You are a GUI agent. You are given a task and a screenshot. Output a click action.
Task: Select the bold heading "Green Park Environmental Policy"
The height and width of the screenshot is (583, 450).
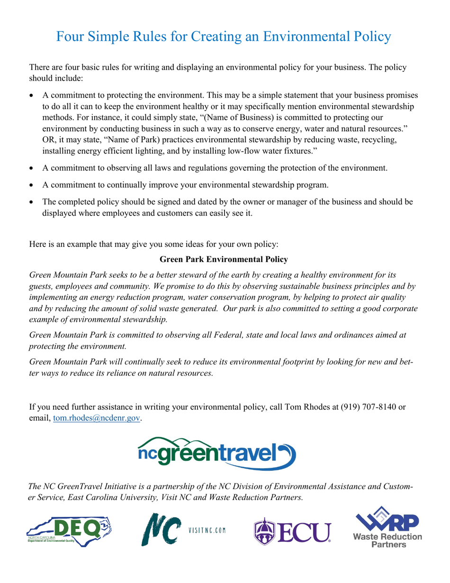click(x=224, y=259)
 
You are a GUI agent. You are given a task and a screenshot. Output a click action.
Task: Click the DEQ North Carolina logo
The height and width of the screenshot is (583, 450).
click(x=69, y=530)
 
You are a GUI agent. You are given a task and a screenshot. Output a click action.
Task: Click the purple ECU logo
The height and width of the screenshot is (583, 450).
click(x=292, y=530)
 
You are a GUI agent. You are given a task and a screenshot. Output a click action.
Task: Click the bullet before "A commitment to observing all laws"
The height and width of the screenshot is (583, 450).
click(x=32, y=168)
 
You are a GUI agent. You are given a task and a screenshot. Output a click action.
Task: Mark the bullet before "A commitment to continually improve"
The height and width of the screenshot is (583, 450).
click(x=32, y=185)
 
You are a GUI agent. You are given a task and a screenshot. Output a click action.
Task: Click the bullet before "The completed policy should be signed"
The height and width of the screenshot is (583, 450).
click(x=32, y=202)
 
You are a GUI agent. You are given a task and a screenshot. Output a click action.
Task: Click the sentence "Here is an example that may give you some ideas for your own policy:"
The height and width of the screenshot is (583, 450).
click(x=154, y=245)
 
